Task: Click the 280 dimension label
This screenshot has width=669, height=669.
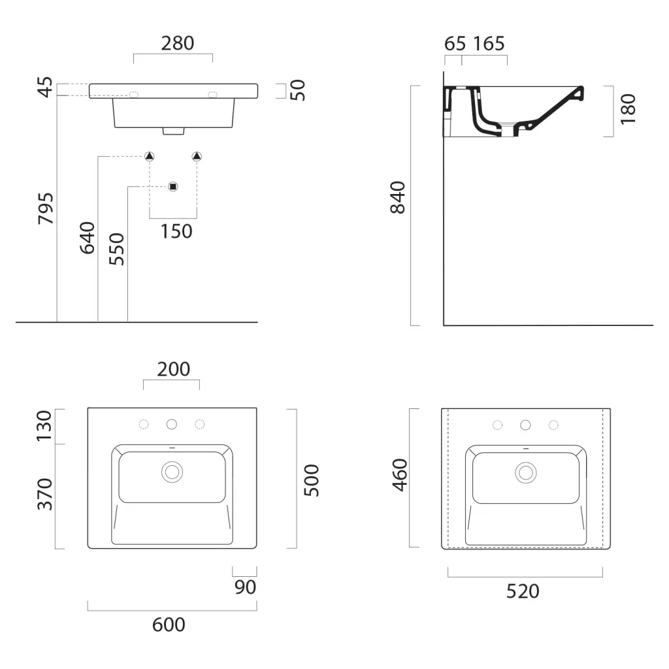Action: [x=178, y=44]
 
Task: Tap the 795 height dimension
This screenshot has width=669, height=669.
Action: [x=46, y=208]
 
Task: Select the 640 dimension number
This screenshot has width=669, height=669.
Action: [x=88, y=238]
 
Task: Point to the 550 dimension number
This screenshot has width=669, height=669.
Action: [x=116, y=249]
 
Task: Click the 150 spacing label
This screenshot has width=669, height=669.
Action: [x=176, y=231]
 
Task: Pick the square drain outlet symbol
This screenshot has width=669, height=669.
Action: [x=172, y=186]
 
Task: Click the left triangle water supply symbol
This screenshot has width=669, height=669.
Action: [x=150, y=156]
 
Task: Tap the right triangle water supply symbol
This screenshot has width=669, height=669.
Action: [x=197, y=156]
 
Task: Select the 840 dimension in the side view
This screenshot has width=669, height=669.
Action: [x=398, y=197]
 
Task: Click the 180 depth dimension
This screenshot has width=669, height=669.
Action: [x=628, y=109]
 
